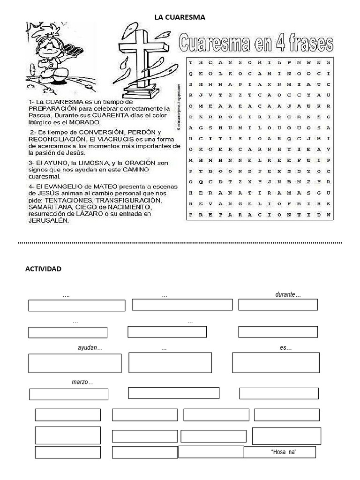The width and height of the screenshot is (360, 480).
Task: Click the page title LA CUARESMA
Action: pos(180,17)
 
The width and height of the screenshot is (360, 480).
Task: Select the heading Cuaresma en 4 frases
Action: pos(256,43)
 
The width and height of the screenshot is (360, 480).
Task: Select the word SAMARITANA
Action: pos(50,207)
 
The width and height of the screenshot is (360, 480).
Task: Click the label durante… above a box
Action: pos(287,295)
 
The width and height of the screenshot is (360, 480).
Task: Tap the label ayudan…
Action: pos(90,348)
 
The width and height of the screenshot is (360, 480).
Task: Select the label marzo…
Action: pos(82,382)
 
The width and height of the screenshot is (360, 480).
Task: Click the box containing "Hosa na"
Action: pos(279,452)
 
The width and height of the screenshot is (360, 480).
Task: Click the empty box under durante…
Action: pos(278,305)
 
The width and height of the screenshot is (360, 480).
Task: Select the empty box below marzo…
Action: pos(68,394)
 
